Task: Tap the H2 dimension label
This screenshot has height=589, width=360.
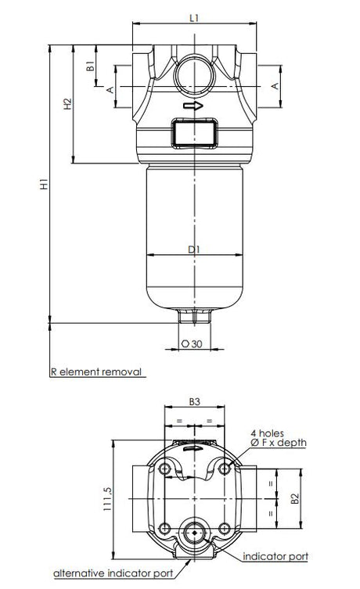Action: [68, 104]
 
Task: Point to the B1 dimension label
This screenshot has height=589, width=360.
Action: [91, 66]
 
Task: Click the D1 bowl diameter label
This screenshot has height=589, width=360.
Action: [194, 250]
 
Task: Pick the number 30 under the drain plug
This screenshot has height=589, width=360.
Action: [197, 343]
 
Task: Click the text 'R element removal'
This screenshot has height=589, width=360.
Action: [95, 372]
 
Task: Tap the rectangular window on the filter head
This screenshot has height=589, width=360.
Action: [193, 131]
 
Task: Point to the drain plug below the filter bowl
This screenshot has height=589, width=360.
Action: [193, 316]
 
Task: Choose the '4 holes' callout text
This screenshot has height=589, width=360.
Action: [267, 432]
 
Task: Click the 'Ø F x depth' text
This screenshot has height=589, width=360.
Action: [278, 443]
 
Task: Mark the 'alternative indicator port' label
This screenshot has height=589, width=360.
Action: [113, 574]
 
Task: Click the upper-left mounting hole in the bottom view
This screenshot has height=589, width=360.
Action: [164, 469]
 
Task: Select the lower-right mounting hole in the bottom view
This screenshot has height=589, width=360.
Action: [224, 526]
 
